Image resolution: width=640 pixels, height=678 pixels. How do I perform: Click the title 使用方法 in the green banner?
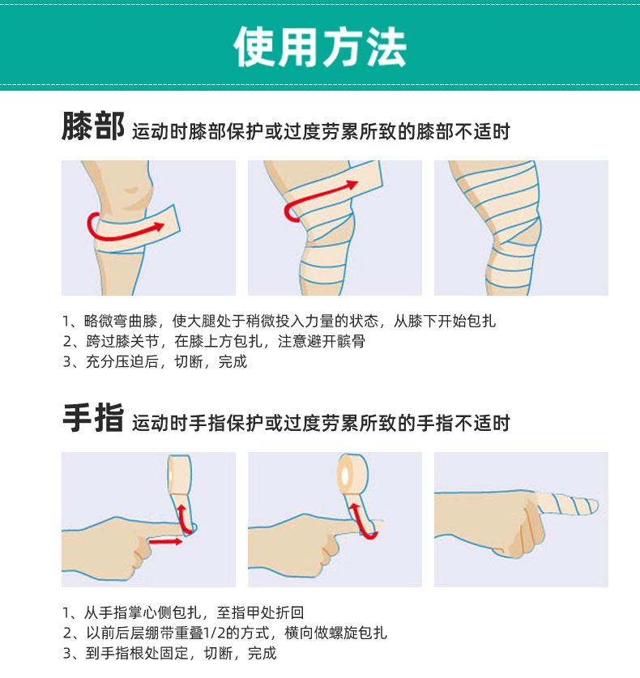(320, 47)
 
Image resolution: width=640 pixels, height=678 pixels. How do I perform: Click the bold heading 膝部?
(93, 126)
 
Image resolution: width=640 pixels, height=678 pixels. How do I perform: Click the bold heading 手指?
(93, 418)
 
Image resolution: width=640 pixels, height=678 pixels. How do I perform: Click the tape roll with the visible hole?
(353, 474)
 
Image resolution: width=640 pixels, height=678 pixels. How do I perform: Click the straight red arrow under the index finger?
(165, 541)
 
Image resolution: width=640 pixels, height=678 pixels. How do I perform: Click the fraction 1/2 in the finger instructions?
(215, 633)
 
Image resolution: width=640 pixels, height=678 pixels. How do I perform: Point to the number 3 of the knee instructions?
(67, 361)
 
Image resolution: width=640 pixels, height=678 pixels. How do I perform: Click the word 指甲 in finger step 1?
(246, 612)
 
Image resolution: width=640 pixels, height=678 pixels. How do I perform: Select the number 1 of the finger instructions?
(66, 612)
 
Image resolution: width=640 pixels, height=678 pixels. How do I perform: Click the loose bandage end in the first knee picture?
(172, 221)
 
